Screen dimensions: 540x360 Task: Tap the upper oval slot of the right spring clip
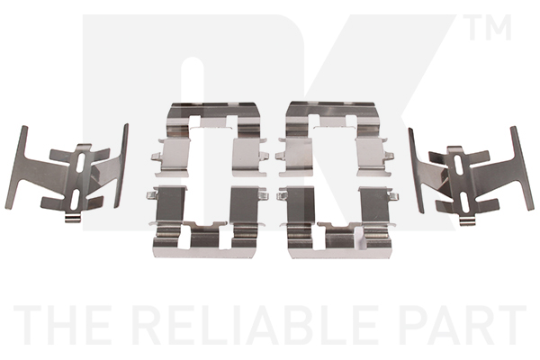pos(458,164)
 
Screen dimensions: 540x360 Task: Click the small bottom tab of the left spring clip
pos(73,219)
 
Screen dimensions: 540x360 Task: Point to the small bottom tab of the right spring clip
pos(468,222)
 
